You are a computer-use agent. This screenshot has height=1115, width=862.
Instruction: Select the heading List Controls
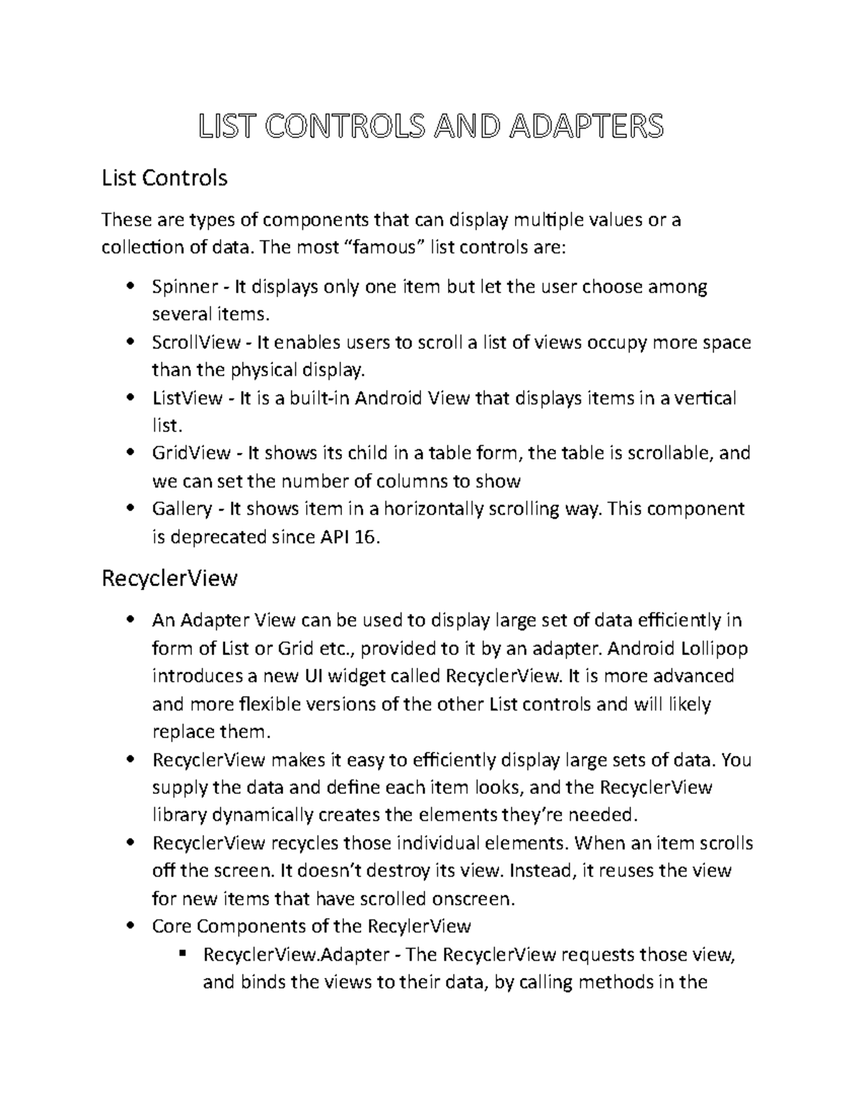click(164, 177)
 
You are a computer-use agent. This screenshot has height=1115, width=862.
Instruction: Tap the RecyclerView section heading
click(170, 578)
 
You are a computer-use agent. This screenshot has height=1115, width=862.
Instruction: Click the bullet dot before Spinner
click(130, 287)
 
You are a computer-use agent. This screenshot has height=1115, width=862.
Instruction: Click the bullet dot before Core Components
click(130, 926)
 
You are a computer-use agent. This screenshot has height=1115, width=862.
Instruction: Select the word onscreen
click(471, 899)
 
